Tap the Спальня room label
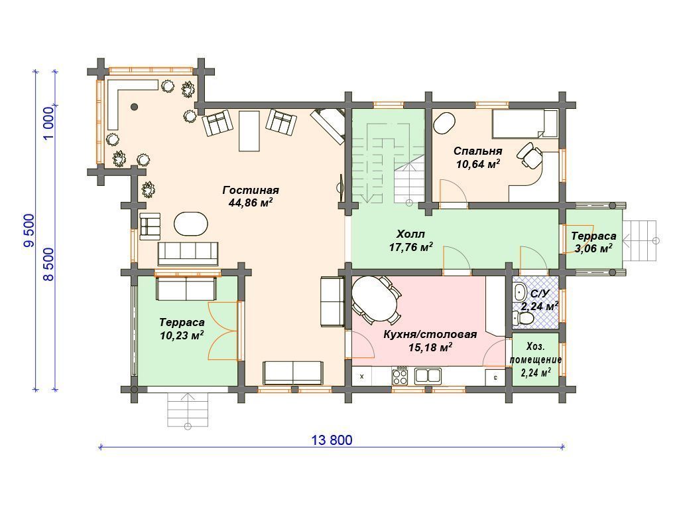pos(477,151)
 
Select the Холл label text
pos(410,234)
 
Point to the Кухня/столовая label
pos(430,335)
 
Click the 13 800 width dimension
pos(332,440)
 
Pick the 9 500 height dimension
pos(29,230)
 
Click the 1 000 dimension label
pos(49,123)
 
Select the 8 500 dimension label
pos(49,264)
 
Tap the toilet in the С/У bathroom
pos(523,319)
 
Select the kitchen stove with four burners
pos(400,376)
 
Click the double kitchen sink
pos(428,376)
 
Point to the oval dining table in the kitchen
pos(375,299)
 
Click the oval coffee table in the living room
pos(191,224)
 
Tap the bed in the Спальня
pos(525,124)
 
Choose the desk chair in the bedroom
pos(530,155)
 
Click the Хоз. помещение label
pos(536,353)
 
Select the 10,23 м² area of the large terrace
pos(182,335)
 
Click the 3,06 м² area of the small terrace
pos(593,248)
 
